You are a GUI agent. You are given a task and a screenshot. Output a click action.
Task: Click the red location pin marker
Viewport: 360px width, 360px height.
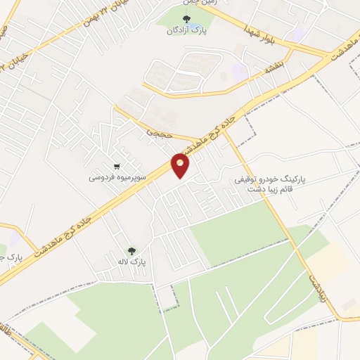click(x=181, y=165)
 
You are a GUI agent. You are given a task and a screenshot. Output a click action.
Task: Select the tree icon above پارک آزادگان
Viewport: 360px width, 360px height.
click(x=186, y=20)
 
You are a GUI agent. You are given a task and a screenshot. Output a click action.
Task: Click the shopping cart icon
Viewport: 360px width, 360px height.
click(x=126, y=167)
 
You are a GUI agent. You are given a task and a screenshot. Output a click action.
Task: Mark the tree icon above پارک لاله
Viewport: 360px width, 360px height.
click(x=131, y=250)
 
